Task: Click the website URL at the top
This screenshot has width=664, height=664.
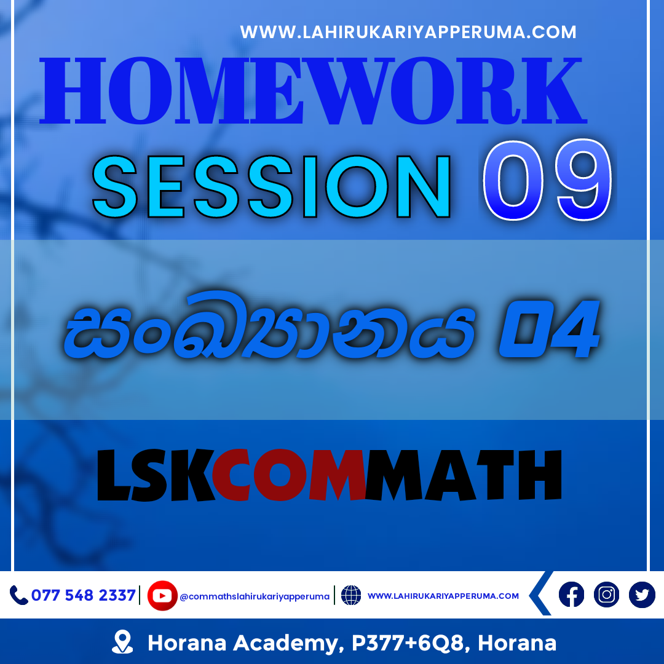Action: coord(408,32)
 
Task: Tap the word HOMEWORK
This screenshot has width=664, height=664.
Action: coord(314,91)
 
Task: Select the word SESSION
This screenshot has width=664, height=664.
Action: coord(271,187)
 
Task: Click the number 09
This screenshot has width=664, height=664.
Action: coord(548,180)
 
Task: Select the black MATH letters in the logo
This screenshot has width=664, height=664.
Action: coord(464,475)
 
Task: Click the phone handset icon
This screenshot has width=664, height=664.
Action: coord(18,595)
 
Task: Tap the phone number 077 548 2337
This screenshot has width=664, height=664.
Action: coord(84,595)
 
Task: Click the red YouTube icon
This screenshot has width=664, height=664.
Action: coord(162,595)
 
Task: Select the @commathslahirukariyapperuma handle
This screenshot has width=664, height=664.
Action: coord(255,596)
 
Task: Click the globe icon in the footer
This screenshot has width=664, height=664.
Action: coord(351,595)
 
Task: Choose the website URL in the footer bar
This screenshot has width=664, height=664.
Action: coord(443,596)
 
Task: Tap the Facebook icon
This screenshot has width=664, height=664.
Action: coord(571,595)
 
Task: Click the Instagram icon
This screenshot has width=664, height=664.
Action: coord(606,595)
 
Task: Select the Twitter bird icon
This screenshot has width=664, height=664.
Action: coord(642,595)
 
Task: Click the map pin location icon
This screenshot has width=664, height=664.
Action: coord(122,641)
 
